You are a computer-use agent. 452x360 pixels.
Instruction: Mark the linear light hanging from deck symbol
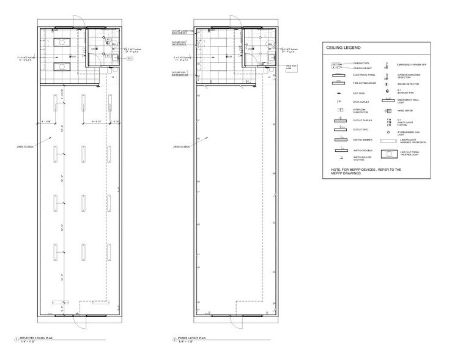(388, 140)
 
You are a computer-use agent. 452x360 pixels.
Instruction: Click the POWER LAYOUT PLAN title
(193, 338)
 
